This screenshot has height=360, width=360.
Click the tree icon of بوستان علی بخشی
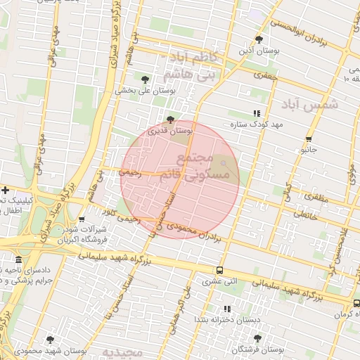click(146, 79)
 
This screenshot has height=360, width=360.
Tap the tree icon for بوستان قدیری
click(171, 119)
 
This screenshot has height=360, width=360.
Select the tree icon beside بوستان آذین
click(259, 39)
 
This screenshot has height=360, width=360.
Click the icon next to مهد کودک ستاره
click(256, 112)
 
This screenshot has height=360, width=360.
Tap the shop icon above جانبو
click(309, 139)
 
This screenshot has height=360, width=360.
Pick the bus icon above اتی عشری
click(220, 270)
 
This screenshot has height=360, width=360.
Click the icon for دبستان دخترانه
click(226, 309)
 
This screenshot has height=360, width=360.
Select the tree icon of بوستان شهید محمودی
click(49, 338)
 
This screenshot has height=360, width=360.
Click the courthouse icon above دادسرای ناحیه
click(18, 259)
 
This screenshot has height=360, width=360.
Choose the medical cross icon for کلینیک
click(5, 190)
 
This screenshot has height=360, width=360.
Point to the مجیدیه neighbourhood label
click(122, 351)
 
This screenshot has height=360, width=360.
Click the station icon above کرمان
click(356, 303)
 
